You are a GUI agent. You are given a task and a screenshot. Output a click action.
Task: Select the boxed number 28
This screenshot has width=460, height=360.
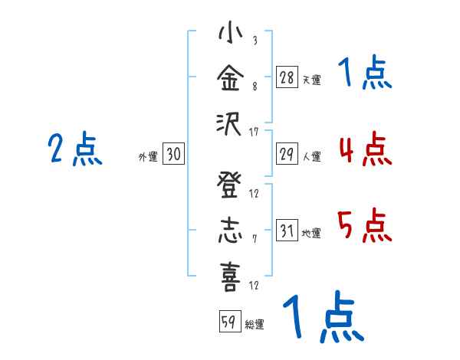pyautogui.click(x=287, y=77)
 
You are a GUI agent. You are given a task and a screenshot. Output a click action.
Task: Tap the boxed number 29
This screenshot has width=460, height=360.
pyautogui.click(x=287, y=154)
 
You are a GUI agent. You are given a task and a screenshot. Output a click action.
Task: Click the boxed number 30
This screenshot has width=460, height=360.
pyautogui.click(x=173, y=155)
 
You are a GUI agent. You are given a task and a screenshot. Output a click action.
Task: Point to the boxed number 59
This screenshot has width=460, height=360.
pyautogui.click(x=229, y=322)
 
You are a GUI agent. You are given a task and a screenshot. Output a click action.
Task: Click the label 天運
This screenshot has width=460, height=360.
pyautogui.click(x=311, y=79)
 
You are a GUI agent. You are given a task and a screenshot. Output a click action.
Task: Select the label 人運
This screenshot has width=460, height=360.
pyautogui.click(x=311, y=156)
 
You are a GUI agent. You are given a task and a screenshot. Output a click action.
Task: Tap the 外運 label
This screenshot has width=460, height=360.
pyautogui.click(x=148, y=156)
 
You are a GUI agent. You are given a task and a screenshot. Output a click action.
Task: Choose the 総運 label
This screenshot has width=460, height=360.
pyautogui.click(x=255, y=324)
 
